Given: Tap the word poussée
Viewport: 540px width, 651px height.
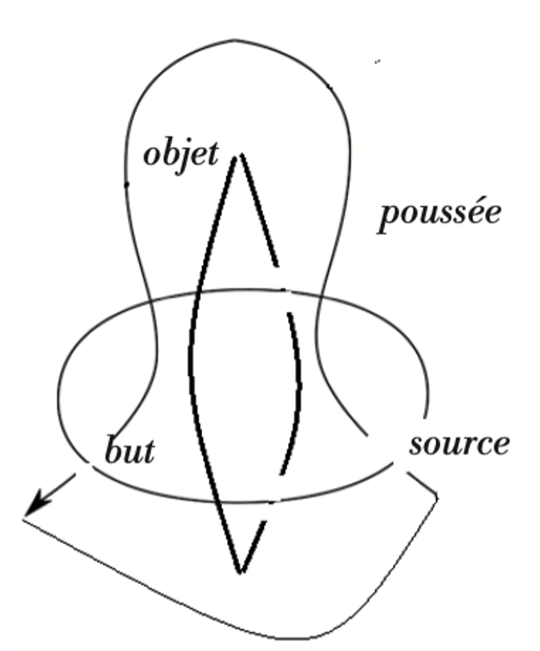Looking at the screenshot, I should pos(439,215).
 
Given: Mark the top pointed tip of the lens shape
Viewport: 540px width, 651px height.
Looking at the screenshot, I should pos(241,156).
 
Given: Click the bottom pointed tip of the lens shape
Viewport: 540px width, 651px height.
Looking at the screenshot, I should pos(242,570).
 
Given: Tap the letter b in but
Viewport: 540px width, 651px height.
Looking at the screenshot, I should pos(112,450).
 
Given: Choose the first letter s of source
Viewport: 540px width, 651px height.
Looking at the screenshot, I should pos(415,446).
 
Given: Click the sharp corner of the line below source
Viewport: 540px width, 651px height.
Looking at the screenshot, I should pos(438,496).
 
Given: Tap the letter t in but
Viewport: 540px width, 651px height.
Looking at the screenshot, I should pos(149,451).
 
